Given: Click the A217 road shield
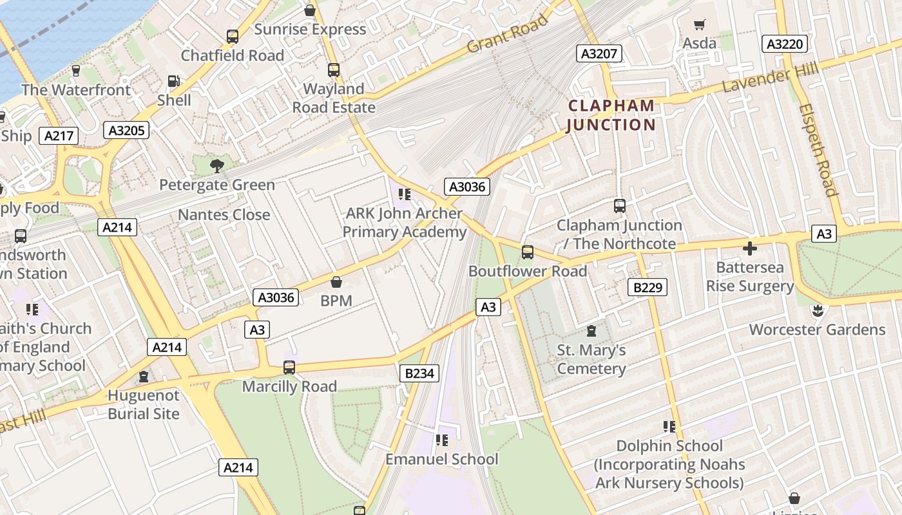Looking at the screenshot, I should click(59, 136).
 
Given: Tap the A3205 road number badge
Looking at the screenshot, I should click(126, 130).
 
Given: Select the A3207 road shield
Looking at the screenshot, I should click(599, 53).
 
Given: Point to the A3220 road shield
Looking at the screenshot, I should click(785, 44).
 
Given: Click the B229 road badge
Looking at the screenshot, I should click(647, 287).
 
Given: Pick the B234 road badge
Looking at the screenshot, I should click(419, 373).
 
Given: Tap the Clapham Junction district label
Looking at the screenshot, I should click(611, 115).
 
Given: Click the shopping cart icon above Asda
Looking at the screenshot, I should click(700, 25).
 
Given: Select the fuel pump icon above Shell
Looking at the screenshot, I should click(173, 81).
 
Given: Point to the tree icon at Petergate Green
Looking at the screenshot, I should click(216, 166).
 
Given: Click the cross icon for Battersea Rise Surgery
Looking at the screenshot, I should click(749, 248).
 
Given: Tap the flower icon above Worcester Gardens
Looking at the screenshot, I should click(817, 311).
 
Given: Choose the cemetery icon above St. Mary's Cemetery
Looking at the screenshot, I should click(591, 332).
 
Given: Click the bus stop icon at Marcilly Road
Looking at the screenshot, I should click(289, 368).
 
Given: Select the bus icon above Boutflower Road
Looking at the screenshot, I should click(528, 252).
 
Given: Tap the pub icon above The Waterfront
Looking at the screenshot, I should click(76, 70).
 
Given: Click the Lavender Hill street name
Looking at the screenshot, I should click(770, 78).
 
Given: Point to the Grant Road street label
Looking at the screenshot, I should click(507, 35).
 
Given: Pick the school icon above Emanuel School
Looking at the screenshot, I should click(441, 440).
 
